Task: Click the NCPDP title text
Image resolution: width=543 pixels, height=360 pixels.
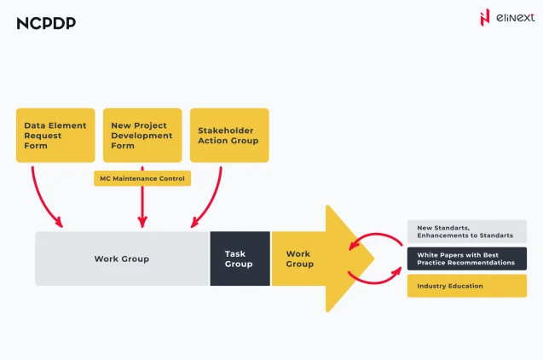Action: [x=46, y=23]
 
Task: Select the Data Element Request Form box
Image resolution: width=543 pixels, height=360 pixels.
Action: [x=55, y=135]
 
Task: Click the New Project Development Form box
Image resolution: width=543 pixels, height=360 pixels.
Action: [x=142, y=135]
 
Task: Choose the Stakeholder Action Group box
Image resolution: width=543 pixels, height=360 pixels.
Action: [x=228, y=135]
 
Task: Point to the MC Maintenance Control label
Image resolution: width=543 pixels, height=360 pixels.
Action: [x=142, y=178]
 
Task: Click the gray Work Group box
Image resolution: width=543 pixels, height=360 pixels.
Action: [x=121, y=258]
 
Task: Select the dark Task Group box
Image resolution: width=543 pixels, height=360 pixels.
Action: [x=240, y=258]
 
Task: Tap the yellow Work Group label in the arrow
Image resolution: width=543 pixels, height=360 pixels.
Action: [x=299, y=258]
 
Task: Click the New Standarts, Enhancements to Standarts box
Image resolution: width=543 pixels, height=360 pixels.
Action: [x=466, y=231]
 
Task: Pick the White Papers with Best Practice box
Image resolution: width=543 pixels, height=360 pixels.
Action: [x=466, y=258]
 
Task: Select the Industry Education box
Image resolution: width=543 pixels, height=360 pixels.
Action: [x=466, y=286]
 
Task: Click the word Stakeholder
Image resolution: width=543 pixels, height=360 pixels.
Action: [x=222, y=130]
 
